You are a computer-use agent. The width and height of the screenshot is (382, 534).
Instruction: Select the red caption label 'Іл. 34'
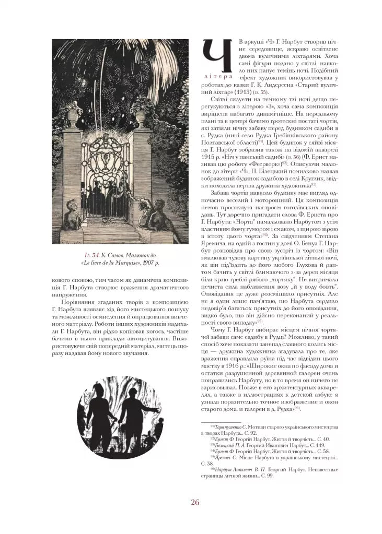tap(93, 255)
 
